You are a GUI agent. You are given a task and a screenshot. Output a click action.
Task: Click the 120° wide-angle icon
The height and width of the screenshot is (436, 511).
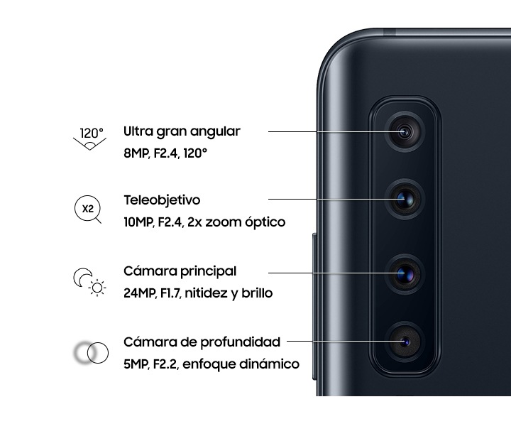coord(89,138)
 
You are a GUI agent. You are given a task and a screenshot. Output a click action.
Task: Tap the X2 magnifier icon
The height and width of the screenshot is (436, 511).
coord(88,209)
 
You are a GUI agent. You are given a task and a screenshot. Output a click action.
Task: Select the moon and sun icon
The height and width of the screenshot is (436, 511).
coord(89,282)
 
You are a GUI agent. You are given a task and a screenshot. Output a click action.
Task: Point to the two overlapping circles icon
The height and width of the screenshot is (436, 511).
coord(92,352)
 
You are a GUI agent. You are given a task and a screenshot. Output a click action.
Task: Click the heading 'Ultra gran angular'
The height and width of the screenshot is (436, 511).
coord(182,132)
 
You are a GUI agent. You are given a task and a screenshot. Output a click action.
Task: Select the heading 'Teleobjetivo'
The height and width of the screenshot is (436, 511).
coord(162,200)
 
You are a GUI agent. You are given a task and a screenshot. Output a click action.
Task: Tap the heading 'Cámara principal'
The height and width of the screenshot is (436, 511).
coord(180,271)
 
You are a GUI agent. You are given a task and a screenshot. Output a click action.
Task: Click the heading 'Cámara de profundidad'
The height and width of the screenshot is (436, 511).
coord(202,342)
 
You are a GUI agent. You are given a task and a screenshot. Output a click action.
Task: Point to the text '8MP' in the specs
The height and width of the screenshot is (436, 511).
coord(136,153)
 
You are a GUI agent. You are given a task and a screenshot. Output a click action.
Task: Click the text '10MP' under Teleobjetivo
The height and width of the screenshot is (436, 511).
coord(138,222)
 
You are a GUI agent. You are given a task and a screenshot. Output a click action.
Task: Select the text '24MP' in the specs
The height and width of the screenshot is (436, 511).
coord(140,293)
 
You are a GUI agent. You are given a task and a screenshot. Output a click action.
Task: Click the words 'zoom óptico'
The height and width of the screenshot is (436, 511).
coord(246,222)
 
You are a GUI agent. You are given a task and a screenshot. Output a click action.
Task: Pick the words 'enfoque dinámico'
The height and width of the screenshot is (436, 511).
coord(241,364)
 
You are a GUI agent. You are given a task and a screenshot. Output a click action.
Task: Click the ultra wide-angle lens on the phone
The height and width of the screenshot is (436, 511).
coord(405,132)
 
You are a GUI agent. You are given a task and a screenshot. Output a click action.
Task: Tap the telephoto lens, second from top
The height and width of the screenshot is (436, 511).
coord(405,200)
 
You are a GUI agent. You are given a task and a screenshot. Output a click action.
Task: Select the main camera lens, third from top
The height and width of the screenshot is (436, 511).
coord(405,274)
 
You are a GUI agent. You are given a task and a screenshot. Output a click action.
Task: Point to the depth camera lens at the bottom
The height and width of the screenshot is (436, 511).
coord(405,342)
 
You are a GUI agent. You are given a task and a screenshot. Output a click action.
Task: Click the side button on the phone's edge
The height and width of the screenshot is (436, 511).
coord(314,307)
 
